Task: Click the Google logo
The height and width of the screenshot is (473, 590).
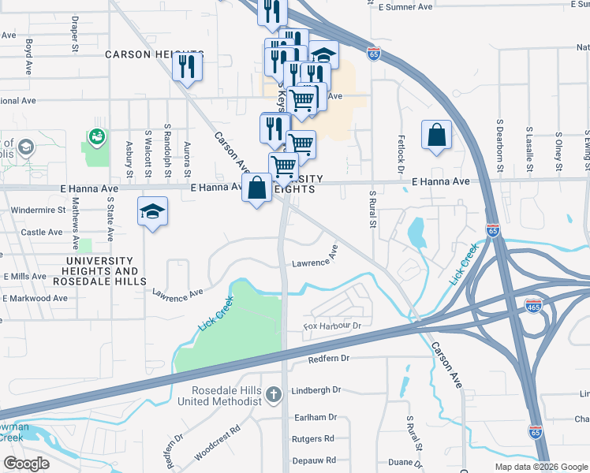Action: click(x=26, y=464)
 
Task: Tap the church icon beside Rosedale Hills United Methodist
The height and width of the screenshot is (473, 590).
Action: click(x=274, y=394)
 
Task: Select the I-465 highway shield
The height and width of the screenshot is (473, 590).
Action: click(x=533, y=304)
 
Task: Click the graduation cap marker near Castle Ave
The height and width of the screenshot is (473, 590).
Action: click(x=153, y=211)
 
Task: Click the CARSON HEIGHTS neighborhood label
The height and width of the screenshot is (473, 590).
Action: click(x=155, y=54)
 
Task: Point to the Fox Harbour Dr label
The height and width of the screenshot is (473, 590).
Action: click(x=332, y=326)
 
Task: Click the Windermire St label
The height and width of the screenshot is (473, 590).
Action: click(x=38, y=210)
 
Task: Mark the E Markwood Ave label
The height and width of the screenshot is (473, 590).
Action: click(x=36, y=298)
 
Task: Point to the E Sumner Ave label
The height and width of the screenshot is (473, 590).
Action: click(x=405, y=6)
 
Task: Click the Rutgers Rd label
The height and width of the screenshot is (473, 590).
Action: click(x=313, y=438)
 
